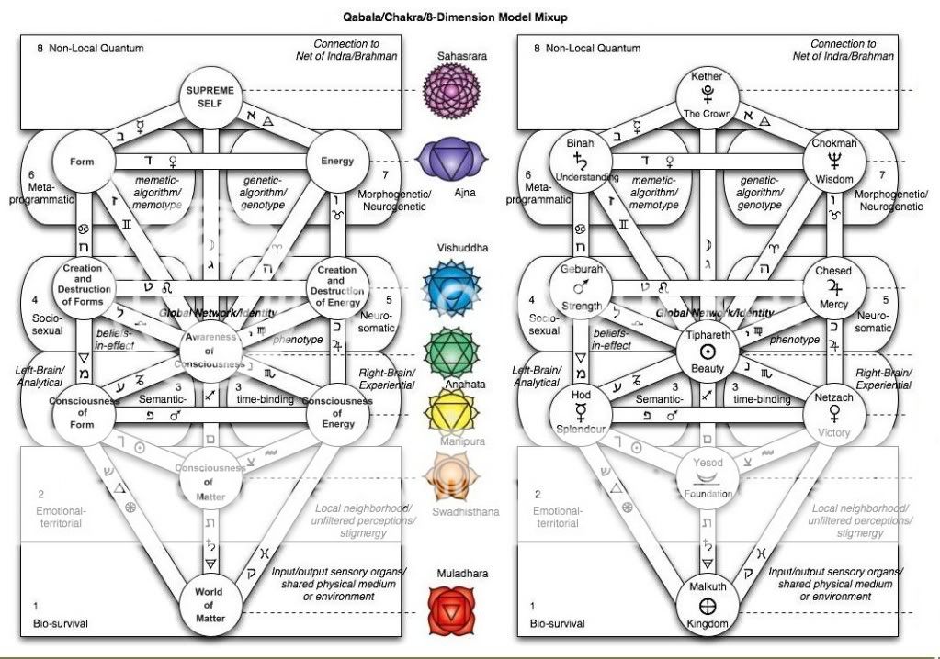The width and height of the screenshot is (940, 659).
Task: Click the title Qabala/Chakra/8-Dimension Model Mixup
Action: [x=470, y=17]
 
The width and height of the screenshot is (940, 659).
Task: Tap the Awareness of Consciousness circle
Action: [x=210, y=351]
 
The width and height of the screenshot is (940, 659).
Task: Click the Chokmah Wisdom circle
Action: [x=832, y=162]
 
